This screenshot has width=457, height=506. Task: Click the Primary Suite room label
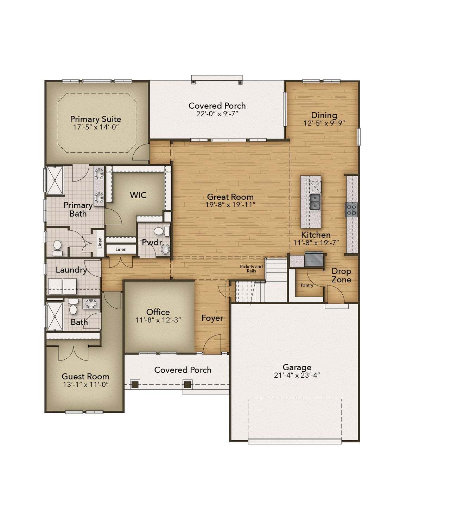click(95, 119)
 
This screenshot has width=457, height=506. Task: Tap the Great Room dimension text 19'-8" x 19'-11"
click(230, 205)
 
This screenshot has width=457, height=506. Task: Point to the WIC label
click(138, 195)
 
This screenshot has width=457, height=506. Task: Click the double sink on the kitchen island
click(315, 202)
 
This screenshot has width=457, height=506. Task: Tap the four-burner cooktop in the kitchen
click(351, 210)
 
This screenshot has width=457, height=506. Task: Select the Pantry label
click(307, 285)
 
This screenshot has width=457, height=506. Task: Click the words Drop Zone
click(341, 275)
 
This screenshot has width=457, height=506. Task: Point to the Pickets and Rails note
click(251, 269)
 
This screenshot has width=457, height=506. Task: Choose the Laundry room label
click(71, 270)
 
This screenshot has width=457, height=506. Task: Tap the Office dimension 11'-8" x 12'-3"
click(158, 320)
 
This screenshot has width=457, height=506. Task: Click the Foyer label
click(212, 318)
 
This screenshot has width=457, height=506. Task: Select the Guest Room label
click(85, 376)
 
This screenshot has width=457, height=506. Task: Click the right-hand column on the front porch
click(187, 385)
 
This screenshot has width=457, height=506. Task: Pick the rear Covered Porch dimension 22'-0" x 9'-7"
click(217, 114)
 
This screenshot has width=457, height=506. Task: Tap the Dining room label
click(324, 115)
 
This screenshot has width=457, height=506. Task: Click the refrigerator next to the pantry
click(314, 259)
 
